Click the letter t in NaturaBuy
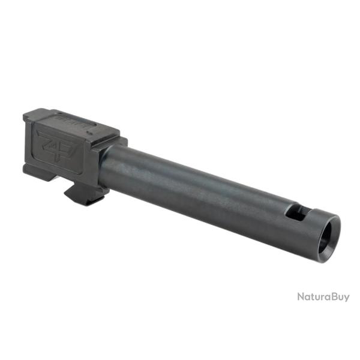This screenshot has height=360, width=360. tap(313, 297)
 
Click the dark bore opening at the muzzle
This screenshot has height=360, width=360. tap(329, 230)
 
